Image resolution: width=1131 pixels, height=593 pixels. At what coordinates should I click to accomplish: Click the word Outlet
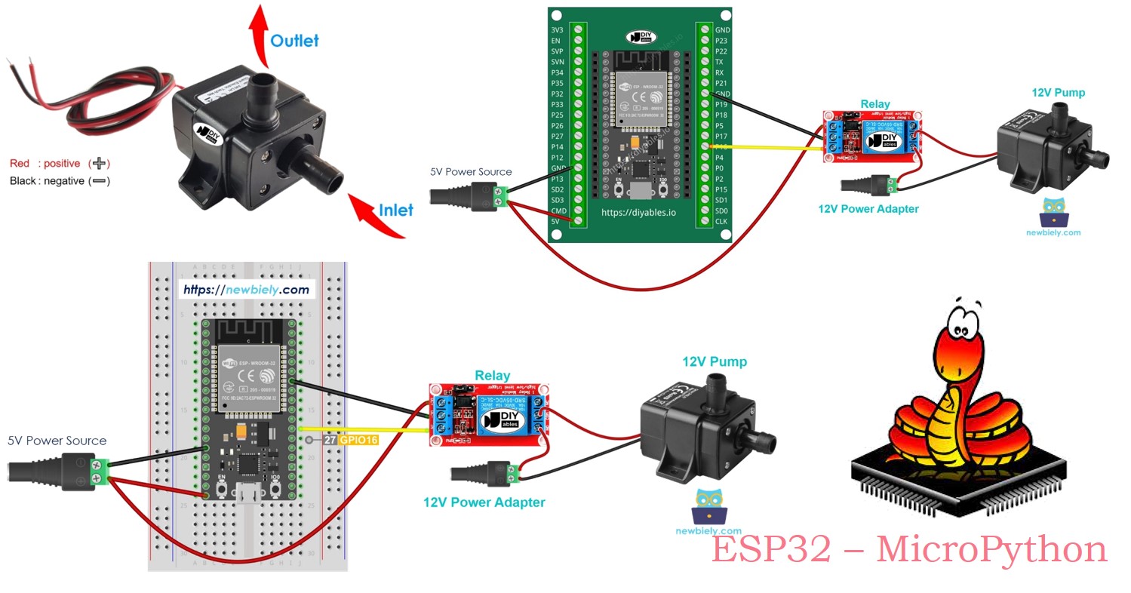pyautogui.click(x=294, y=41)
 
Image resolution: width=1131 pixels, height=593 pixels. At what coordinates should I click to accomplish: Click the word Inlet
pyautogui.click(x=395, y=210)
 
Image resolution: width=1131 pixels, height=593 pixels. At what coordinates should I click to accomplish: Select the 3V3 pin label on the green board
pyautogui.click(x=557, y=30)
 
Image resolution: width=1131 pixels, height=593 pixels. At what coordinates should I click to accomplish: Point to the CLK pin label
pyautogui.click(x=721, y=222)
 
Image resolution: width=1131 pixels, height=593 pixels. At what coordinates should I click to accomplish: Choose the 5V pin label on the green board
pyautogui.click(x=556, y=222)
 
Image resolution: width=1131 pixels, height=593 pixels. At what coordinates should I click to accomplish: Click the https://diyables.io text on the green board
pyautogui.click(x=638, y=213)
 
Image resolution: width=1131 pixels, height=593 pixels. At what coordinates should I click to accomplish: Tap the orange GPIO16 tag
pyautogui.click(x=358, y=440)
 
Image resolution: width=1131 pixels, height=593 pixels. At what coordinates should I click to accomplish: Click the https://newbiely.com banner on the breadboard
pyautogui.click(x=246, y=290)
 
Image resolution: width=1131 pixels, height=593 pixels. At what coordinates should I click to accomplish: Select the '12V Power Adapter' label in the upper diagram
pyautogui.click(x=868, y=209)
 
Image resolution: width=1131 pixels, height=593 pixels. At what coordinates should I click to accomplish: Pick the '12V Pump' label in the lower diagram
pyautogui.click(x=715, y=362)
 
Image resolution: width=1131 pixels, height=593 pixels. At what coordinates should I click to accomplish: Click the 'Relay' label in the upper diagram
pyautogui.click(x=874, y=104)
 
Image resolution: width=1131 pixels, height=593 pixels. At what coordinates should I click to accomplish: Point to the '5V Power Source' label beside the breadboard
pyautogui.click(x=57, y=441)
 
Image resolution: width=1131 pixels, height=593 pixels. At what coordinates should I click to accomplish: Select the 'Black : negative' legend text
pyautogui.click(x=47, y=181)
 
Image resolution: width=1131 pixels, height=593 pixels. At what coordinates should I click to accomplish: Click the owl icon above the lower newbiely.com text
pyautogui.click(x=708, y=506)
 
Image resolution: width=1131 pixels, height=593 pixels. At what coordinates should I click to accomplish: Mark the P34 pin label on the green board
pyautogui.click(x=557, y=72)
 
